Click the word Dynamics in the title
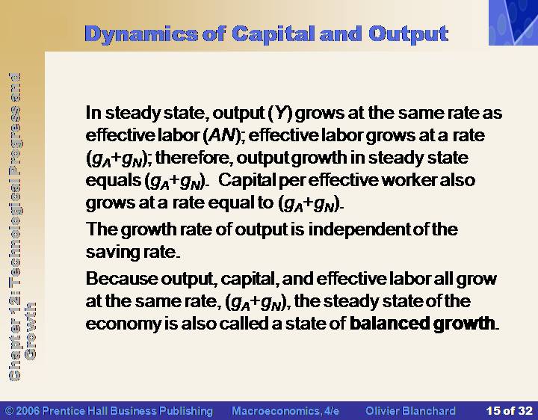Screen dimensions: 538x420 pyautogui.click(x=141, y=34)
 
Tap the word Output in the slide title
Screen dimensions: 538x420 pyautogui.click(x=409, y=34)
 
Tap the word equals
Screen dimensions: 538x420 pyautogui.click(x=114, y=181)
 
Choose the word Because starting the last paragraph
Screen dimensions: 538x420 pyautogui.click(x=122, y=278)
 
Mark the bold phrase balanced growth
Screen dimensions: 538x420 pyautogui.click(x=422, y=324)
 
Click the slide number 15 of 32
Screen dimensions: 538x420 pyautogui.click(x=509, y=411)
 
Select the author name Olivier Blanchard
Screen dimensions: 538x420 pyautogui.click(x=410, y=411)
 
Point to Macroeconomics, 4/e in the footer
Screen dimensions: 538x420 pyautogui.click(x=285, y=411)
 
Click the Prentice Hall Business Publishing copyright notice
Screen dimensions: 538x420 pyautogui.click(x=109, y=411)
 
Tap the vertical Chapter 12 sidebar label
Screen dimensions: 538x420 pyautogui.click(x=21, y=226)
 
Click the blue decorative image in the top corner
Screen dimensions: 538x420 pyautogui.click(x=513, y=22)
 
